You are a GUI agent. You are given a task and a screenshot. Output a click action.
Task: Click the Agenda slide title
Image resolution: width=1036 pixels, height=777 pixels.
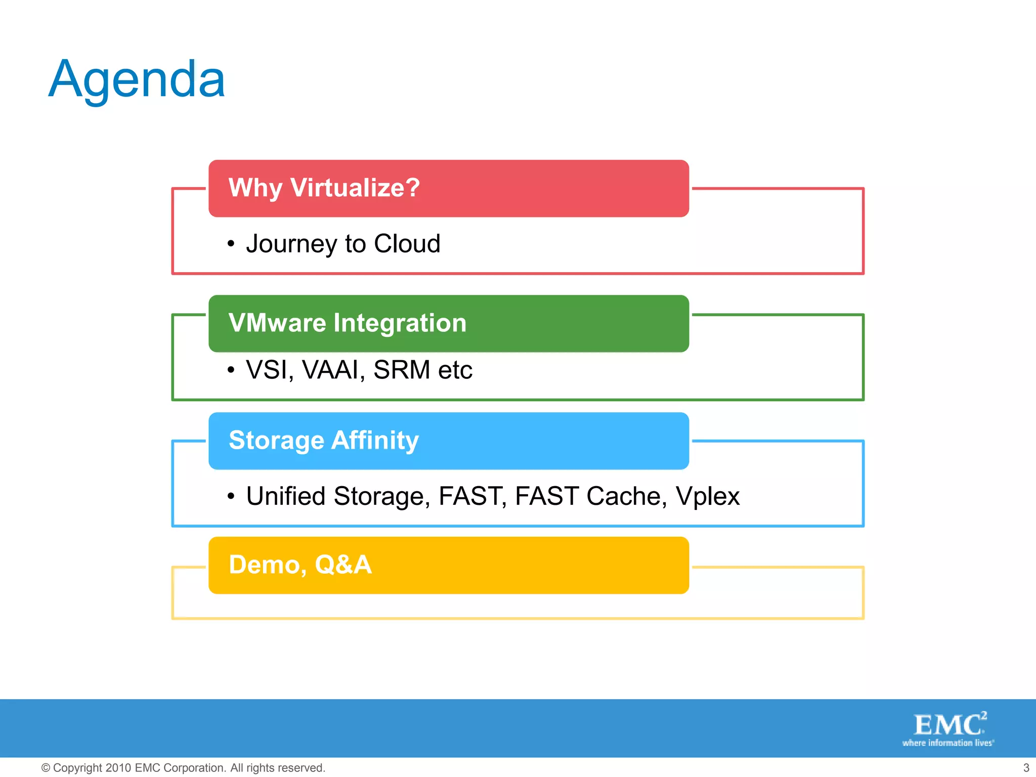pos(137,80)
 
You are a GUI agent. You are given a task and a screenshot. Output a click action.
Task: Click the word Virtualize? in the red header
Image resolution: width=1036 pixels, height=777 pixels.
pos(355,188)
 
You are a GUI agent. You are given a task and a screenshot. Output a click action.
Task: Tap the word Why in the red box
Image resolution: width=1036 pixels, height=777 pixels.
pos(255,188)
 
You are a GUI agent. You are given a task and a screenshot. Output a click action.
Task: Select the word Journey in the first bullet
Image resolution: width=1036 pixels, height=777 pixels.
pos(291,244)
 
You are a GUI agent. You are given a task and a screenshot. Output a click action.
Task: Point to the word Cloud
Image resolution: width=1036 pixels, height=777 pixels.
pos(407,243)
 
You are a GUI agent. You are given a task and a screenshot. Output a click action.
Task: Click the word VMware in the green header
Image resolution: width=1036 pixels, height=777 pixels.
pos(277,323)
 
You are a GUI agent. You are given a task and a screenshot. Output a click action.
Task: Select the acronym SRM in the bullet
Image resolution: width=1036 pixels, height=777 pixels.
pos(402,370)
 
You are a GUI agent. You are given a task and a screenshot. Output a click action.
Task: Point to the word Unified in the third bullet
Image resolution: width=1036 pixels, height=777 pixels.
pos(285,496)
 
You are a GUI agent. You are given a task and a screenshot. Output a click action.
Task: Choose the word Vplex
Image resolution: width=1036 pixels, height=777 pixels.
pos(707,496)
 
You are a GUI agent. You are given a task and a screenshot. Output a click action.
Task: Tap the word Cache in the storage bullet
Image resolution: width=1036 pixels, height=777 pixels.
pos(626,496)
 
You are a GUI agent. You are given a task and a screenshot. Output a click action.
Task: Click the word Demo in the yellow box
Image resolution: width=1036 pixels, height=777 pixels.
pos(267,565)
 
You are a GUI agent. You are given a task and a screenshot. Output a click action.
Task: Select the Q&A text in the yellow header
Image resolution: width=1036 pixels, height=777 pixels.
pos(343,565)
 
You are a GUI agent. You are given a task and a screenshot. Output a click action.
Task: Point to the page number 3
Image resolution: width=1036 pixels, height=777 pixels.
pos(1026,768)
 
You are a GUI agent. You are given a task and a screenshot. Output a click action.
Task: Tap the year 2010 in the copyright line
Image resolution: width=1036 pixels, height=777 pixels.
pos(118,768)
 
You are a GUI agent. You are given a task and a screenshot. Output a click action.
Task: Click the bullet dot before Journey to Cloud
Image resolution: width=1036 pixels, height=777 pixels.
pos(231,244)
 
